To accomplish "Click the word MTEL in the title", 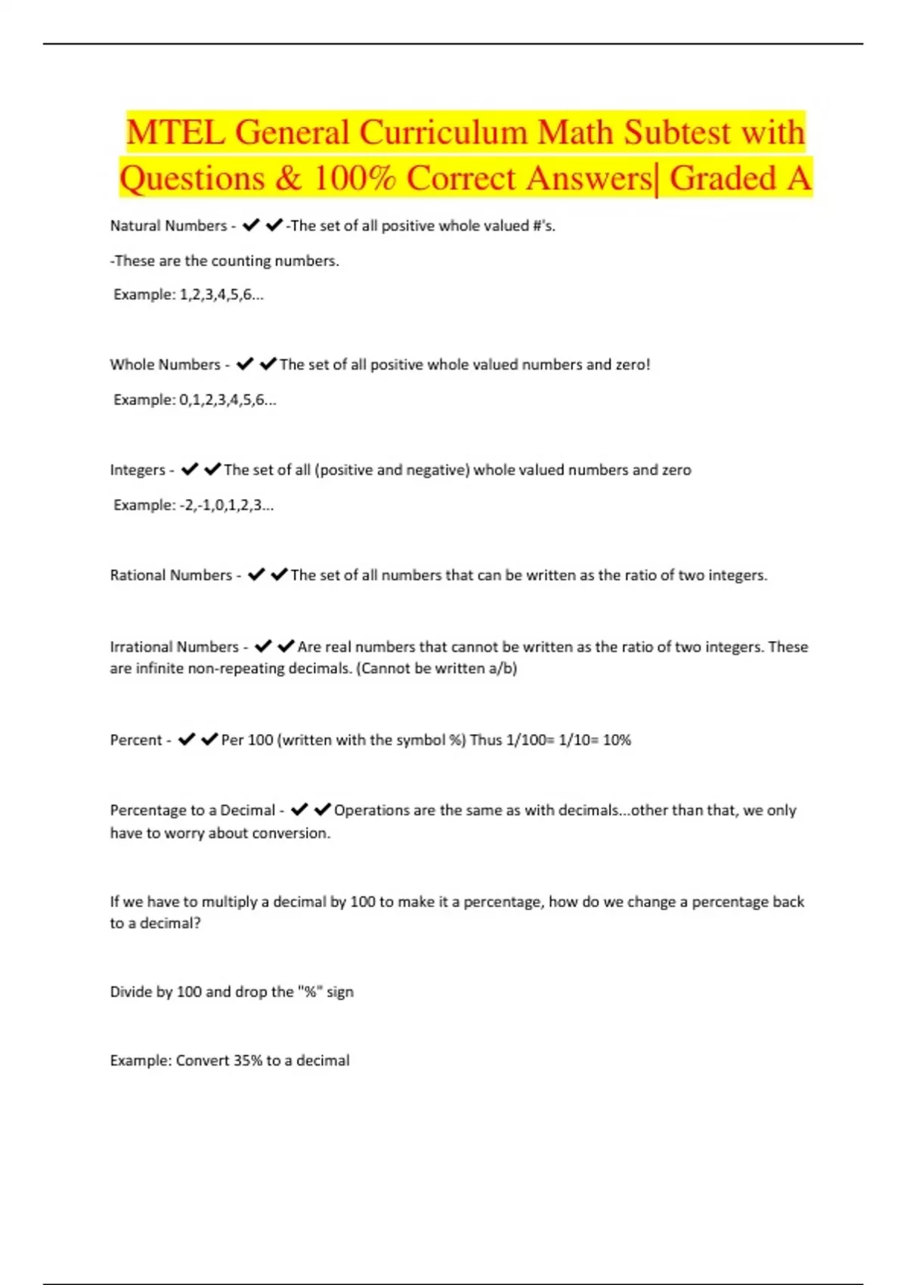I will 175,133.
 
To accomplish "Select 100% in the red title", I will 354,179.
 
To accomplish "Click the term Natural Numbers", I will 169,226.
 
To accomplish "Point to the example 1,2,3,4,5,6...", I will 221,295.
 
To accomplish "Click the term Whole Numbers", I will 165,365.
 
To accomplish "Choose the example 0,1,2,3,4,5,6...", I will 227,400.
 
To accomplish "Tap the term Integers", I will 138,470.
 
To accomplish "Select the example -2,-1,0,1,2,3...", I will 225,505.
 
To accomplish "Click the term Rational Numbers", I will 171,575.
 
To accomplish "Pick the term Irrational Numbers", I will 174,647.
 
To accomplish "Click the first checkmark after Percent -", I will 187,739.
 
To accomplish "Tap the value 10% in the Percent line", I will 617,740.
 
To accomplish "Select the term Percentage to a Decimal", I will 192,810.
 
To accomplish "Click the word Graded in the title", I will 723,179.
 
